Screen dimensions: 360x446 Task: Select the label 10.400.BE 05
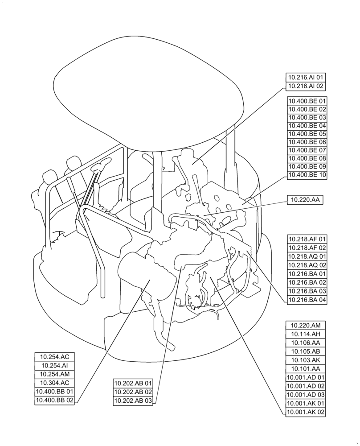coord(307,134)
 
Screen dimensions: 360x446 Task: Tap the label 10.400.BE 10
coord(307,175)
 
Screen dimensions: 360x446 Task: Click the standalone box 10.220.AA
coord(306,200)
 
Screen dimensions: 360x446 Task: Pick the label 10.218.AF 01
coord(307,240)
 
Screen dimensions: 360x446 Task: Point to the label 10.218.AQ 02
coord(307,265)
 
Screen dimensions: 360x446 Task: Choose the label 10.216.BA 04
coord(307,300)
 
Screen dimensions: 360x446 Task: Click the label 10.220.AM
coord(306,326)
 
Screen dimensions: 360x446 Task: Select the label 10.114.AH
coord(306,334)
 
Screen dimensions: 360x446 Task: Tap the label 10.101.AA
coord(306,369)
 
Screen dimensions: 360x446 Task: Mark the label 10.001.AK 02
coord(306,412)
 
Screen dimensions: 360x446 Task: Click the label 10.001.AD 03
coord(306,395)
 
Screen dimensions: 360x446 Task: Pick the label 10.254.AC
coord(55,357)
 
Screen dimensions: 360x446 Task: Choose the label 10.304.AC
coord(55,383)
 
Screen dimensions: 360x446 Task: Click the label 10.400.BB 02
coord(55,400)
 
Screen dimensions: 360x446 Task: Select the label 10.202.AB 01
coord(133,383)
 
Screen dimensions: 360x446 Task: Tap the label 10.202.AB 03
coord(133,401)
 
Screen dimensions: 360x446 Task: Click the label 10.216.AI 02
coord(307,86)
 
